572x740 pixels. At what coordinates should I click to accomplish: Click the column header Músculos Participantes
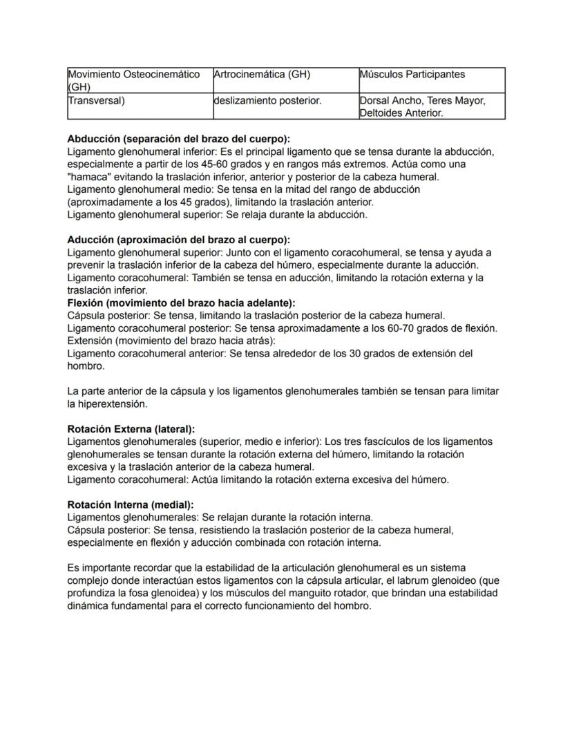tap(412, 75)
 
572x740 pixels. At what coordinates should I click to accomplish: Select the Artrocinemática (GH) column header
tap(262, 75)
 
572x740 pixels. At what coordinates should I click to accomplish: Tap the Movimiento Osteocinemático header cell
tap(134, 75)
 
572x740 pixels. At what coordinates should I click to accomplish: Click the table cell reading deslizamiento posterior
tap(267, 101)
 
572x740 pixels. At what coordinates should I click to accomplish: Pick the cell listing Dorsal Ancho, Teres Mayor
tap(422, 101)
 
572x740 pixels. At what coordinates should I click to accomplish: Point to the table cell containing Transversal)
tap(96, 101)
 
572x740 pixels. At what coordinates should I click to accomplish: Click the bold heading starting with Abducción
tap(178, 139)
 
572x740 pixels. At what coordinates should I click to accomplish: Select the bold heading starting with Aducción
tap(178, 240)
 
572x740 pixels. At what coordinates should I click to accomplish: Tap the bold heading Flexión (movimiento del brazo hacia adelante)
tap(181, 303)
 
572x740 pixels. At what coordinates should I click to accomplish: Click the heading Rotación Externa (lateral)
tap(131, 429)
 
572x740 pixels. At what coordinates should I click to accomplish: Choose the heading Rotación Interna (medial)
tap(130, 504)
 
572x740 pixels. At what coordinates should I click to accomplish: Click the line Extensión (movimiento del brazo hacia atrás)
tap(171, 341)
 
